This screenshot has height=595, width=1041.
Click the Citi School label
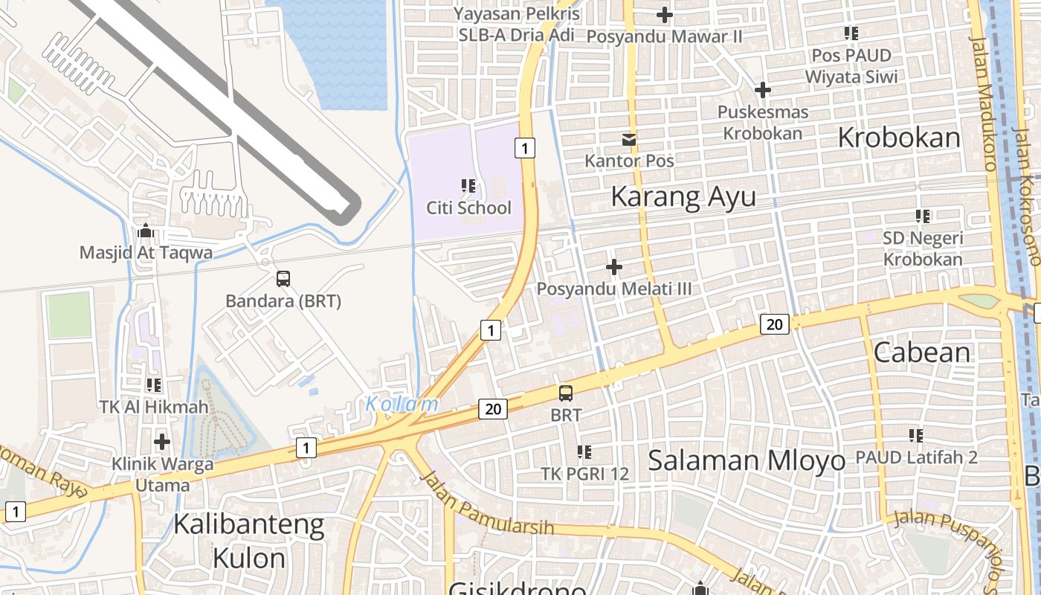tap(468, 208)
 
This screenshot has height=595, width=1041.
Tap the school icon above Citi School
tap(468, 186)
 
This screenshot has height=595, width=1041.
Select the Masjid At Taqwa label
tap(146, 253)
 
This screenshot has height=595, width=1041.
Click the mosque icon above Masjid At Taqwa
tap(146, 231)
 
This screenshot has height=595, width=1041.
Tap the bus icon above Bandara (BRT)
tap(283, 279)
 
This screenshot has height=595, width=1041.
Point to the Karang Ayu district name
tap(683, 197)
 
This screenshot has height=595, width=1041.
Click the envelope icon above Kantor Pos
tap(629, 139)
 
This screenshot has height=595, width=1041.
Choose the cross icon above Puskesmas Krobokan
tap(762, 90)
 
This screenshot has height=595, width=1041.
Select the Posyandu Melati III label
tap(614, 289)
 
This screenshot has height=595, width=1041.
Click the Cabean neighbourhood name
tap(922, 353)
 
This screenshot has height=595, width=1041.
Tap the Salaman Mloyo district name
tap(747, 460)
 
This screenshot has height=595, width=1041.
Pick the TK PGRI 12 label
tap(584, 474)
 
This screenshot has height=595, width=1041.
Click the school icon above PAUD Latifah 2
tap(916, 436)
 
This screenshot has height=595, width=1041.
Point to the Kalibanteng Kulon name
tap(249, 541)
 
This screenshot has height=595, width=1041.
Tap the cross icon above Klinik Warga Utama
tap(161, 442)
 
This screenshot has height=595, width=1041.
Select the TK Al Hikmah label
tap(154, 407)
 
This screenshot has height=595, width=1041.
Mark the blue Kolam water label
tap(402, 404)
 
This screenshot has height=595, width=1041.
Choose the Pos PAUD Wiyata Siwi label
tap(851, 66)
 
